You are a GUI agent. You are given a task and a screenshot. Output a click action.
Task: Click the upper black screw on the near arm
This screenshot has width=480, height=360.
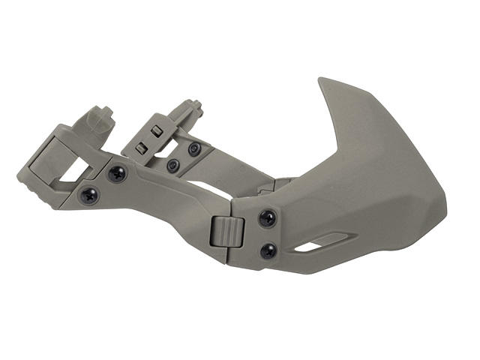[x=117, y=174]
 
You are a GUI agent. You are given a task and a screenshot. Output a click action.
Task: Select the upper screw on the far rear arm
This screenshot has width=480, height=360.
[x=193, y=148]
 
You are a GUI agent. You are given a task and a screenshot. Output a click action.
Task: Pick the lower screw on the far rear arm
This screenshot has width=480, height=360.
[x=173, y=164]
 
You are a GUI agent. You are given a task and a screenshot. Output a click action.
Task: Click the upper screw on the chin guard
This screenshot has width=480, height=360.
[x=267, y=218]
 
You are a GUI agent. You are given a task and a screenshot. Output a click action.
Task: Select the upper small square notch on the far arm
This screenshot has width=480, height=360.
[x=156, y=131]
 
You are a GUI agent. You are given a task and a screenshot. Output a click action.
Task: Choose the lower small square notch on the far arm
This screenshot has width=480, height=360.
[x=140, y=148]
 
